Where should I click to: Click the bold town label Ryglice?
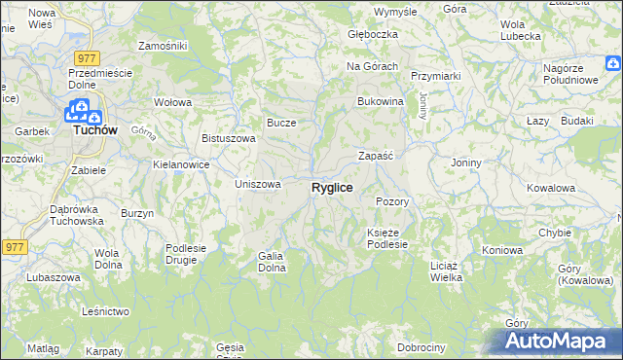point(332,187)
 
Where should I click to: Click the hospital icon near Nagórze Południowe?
point(613,65)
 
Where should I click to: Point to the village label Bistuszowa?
point(228,138)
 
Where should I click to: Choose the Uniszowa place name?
point(259,183)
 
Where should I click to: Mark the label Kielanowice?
point(182,164)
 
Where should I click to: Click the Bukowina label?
point(381,101)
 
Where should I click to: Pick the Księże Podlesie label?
point(393,238)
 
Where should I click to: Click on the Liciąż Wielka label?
point(446,270)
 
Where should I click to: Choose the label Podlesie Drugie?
point(186,253)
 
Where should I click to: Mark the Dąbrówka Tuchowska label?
point(77,215)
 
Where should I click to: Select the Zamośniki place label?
point(163,46)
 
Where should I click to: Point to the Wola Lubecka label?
point(520,30)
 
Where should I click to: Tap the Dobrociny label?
point(421,347)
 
